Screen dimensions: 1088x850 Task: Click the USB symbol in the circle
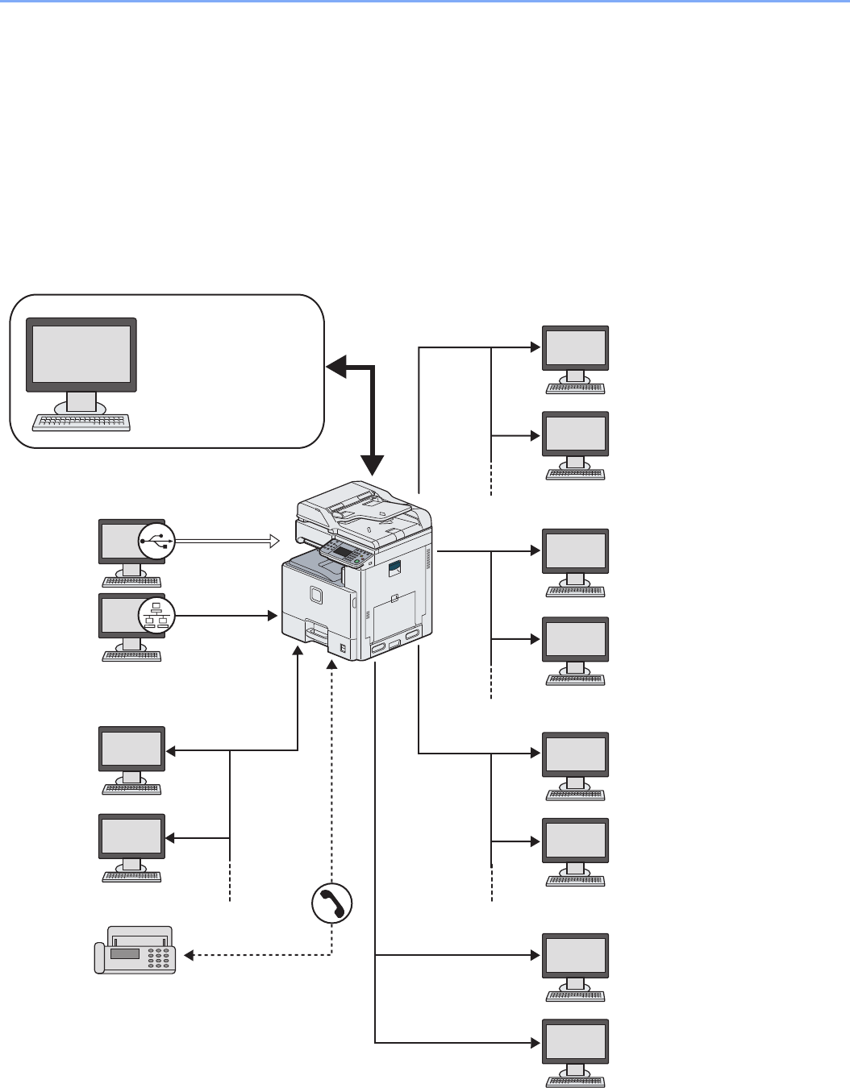[156, 541]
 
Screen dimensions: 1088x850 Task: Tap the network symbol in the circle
[156, 617]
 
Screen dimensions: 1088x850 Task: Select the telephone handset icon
[332, 903]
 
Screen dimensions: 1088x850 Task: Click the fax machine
[135, 951]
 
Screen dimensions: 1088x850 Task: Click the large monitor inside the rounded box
[81, 355]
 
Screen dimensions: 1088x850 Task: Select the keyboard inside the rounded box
[81, 422]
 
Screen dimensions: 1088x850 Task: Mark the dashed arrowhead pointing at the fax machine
[189, 956]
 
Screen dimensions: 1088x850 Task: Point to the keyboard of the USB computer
[131, 582]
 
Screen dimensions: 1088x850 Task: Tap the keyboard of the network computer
[131, 656]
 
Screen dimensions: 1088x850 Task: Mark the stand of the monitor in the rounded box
[81, 401]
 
